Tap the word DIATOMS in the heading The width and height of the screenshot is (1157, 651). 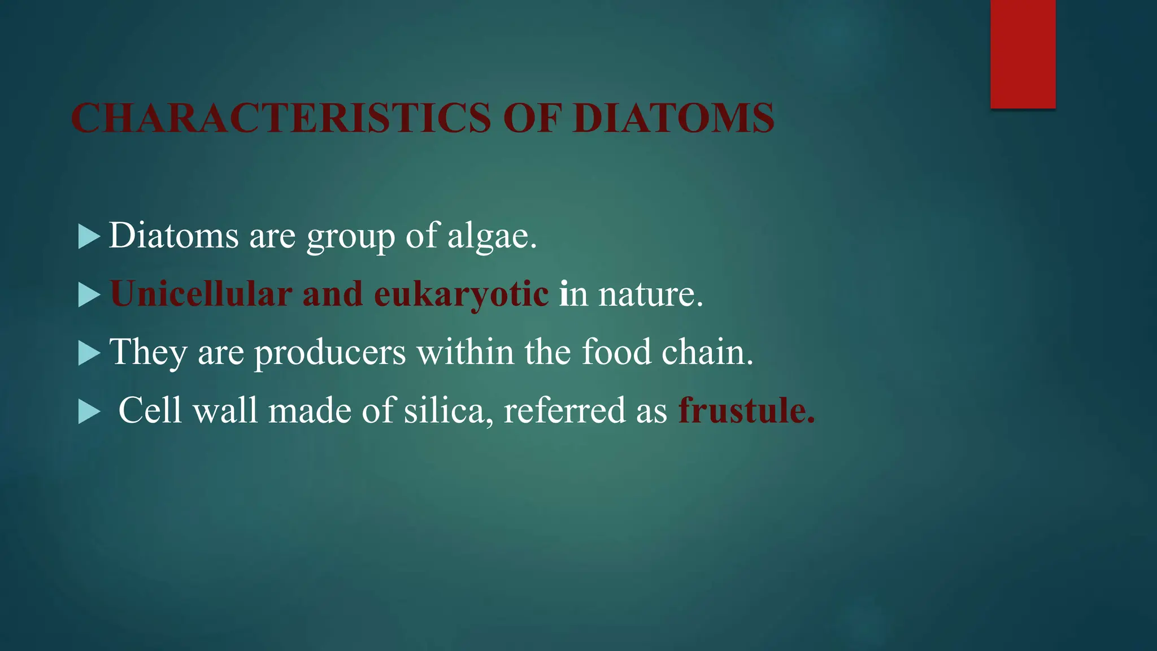pos(673,118)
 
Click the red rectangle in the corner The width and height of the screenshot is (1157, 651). pos(1023,54)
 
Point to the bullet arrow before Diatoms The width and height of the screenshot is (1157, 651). pos(89,236)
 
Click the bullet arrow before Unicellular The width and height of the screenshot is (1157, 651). pos(89,295)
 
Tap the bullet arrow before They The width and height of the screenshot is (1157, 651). pos(89,353)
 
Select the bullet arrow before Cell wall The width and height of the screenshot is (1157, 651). pos(89,411)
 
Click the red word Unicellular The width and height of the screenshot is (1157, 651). pos(201,294)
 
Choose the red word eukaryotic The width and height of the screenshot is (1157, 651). pos(461,295)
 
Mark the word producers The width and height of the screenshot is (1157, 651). pos(330,353)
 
